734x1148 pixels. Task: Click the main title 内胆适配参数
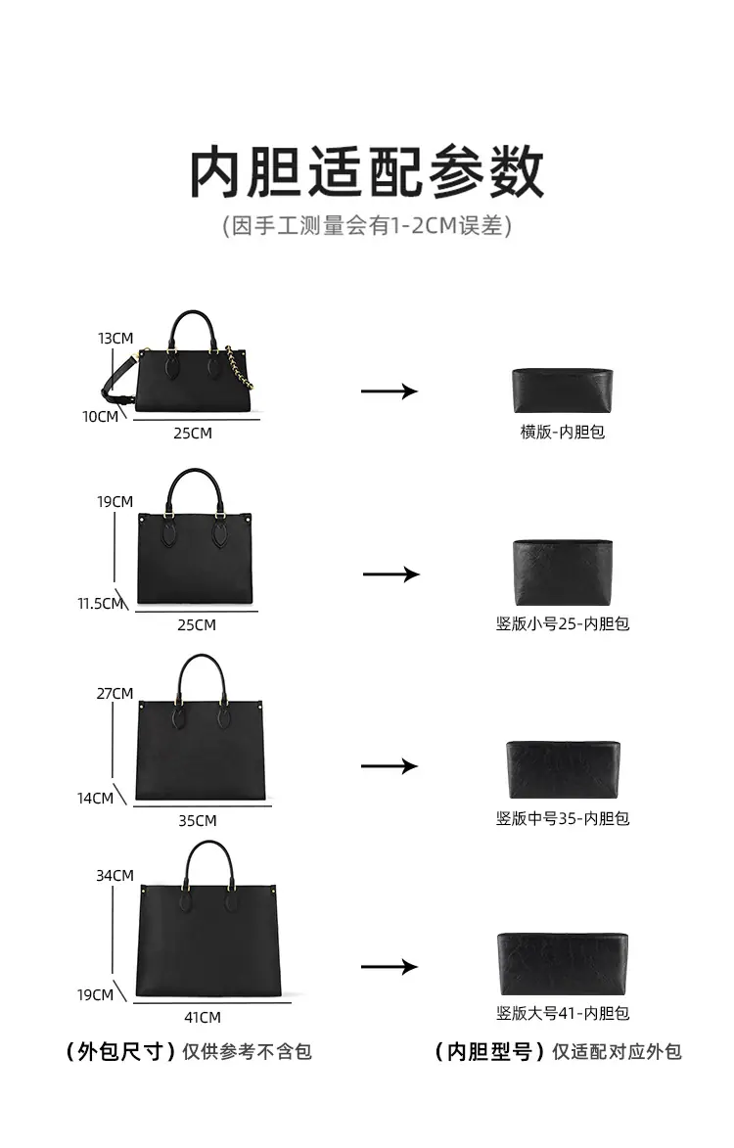(x=367, y=172)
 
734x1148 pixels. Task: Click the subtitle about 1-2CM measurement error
(x=367, y=225)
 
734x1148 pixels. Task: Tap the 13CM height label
(x=115, y=339)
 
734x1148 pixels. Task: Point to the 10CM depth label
(x=100, y=417)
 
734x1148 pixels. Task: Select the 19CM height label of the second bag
(x=115, y=501)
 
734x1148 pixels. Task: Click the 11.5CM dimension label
(x=100, y=603)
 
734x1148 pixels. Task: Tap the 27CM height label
(x=115, y=693)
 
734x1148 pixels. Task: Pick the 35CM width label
(x=198, y=821)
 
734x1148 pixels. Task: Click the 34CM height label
(x=115, y=876)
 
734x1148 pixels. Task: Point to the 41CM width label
(x=202, y=1018)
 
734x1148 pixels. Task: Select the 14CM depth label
(x=95, y=798)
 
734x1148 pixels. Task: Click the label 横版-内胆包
(x=563, y=432)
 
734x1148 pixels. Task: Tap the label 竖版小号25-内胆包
(x=563, y=623)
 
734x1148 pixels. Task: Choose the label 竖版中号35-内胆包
(x=563, y=818)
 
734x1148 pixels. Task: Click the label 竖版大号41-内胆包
(x=563, y=1013)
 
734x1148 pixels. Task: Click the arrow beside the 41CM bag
(x=390, y=967)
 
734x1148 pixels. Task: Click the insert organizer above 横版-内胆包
(x=563, y=390)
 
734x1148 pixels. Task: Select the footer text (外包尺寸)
(x=120, y=1052)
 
